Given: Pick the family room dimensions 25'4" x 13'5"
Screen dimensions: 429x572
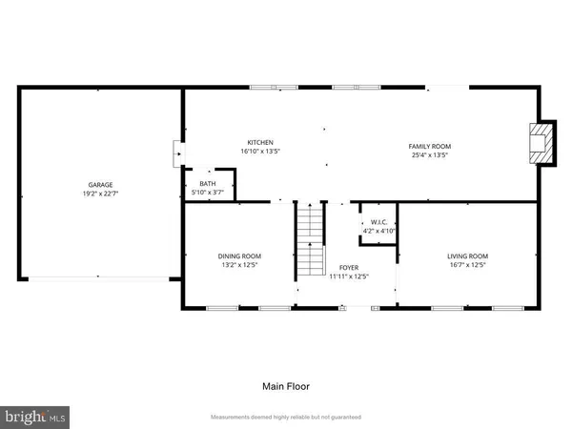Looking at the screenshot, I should click(x=429, y=153).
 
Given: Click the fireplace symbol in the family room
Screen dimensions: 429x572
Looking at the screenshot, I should click(x=541, y=143).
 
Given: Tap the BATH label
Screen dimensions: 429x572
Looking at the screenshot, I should click(x=207, y=183).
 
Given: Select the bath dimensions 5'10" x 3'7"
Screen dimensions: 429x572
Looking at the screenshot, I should click(x=207, y=193).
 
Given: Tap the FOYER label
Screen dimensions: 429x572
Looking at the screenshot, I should click(x=348, y=268).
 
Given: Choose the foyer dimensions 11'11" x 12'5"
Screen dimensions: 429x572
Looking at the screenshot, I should click(x=348, y=277).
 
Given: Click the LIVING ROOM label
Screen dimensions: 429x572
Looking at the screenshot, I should click(x=467, y=255).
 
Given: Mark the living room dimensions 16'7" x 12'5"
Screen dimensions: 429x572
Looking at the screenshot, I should click(x=467, y=265).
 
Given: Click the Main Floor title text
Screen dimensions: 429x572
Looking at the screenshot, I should click(x=286, y=386).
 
